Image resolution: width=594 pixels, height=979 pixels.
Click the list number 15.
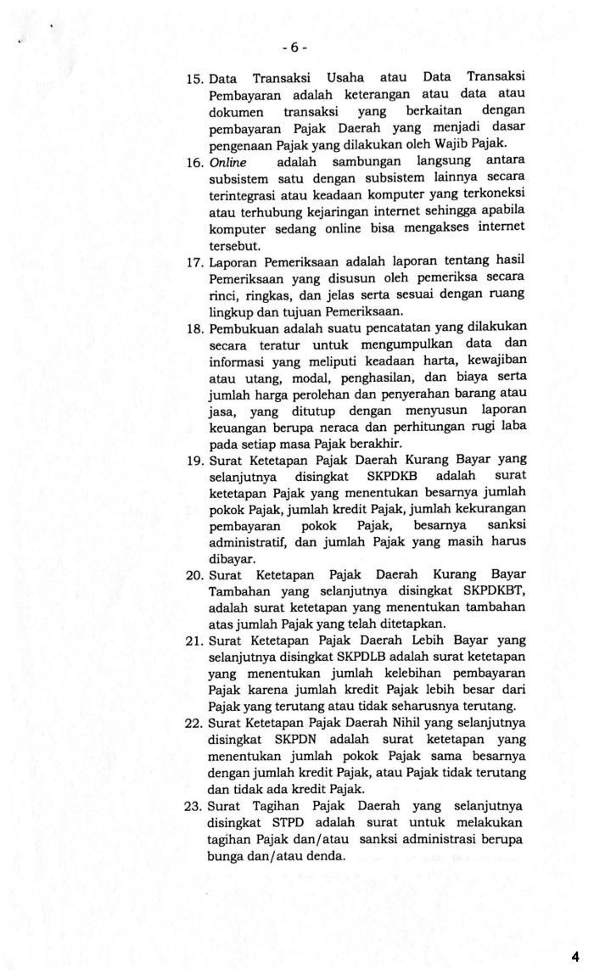(195, 80)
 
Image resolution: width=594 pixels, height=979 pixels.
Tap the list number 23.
(195, 806)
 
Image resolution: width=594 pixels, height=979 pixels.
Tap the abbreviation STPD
(298, 823)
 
